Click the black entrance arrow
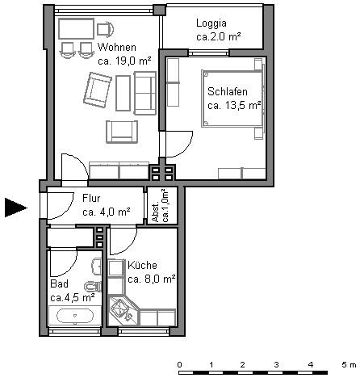click(16, 208)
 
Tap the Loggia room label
click(211, 23)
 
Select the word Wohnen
click(117, 48)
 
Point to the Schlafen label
click(228, 92)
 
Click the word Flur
click(91, 199)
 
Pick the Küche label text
click(142, 265)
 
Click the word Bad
click(59, 283)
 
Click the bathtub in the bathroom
click(75, 316)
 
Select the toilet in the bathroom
click(93, 287)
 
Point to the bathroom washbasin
click(96, 266)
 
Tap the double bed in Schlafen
click(232, 99)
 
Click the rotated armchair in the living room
click(98, 90)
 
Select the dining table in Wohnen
click(76, 29)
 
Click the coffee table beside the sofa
click(123, 93)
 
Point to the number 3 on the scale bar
click(276, 365)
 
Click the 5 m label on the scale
click(349, 365)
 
